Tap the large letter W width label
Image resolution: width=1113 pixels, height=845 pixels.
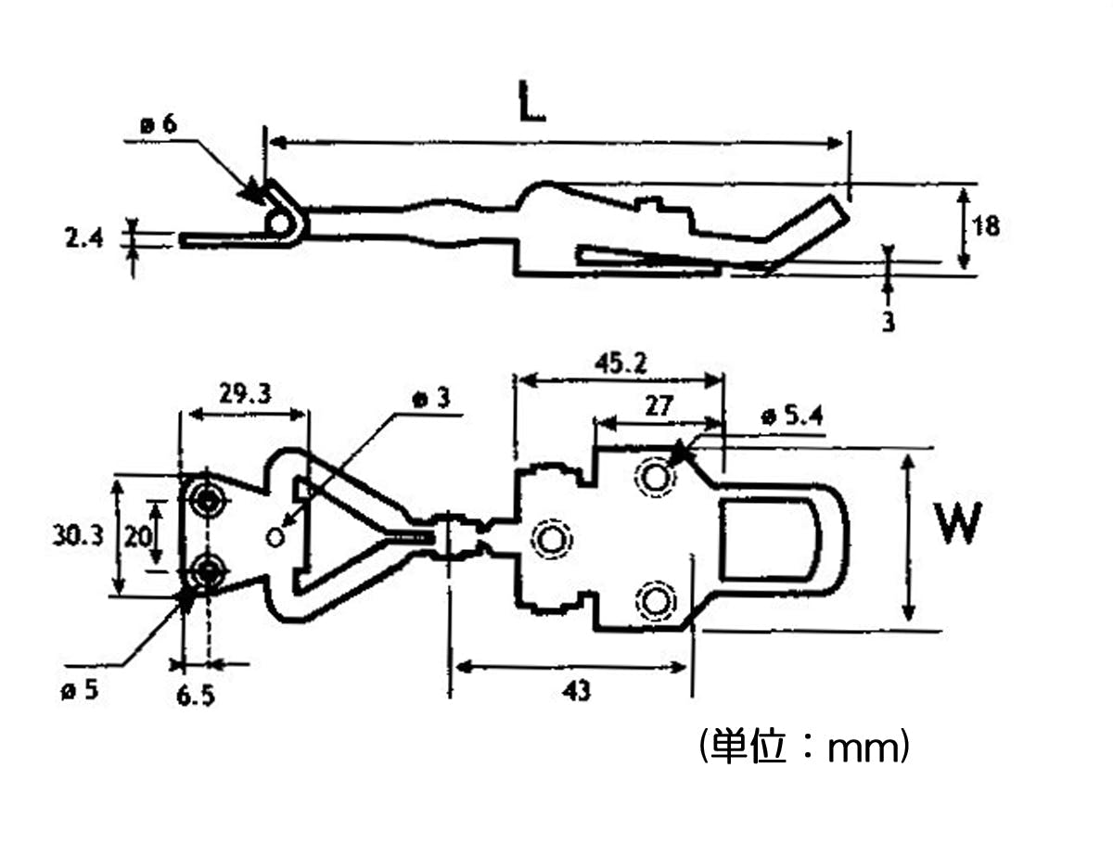click(956, 522)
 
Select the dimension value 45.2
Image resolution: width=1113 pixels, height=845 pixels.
click(620, 364)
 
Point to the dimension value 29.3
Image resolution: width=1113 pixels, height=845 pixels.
click(245, 393)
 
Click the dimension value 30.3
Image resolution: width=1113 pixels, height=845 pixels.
click(78, 535)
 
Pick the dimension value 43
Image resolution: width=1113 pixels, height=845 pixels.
click(577, 690)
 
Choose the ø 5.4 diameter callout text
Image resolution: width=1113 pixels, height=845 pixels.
click(791, 416)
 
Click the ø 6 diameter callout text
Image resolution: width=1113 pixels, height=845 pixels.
click(159, 124)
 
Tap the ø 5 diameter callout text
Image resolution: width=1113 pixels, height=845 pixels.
click(80, 689)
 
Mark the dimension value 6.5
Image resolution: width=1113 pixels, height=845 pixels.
click(195, 696)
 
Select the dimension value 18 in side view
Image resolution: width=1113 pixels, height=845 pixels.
click(985, 225)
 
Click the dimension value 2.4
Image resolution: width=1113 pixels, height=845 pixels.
click(83, 237)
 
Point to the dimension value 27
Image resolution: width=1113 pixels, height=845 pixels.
click(659, 406)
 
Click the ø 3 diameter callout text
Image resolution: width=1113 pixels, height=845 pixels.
click(431, 399)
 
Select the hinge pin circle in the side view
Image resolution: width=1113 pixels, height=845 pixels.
click(279, 223)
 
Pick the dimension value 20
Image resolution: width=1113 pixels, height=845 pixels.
click(137, 536)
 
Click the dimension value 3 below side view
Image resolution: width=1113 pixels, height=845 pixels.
click(888, 321)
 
